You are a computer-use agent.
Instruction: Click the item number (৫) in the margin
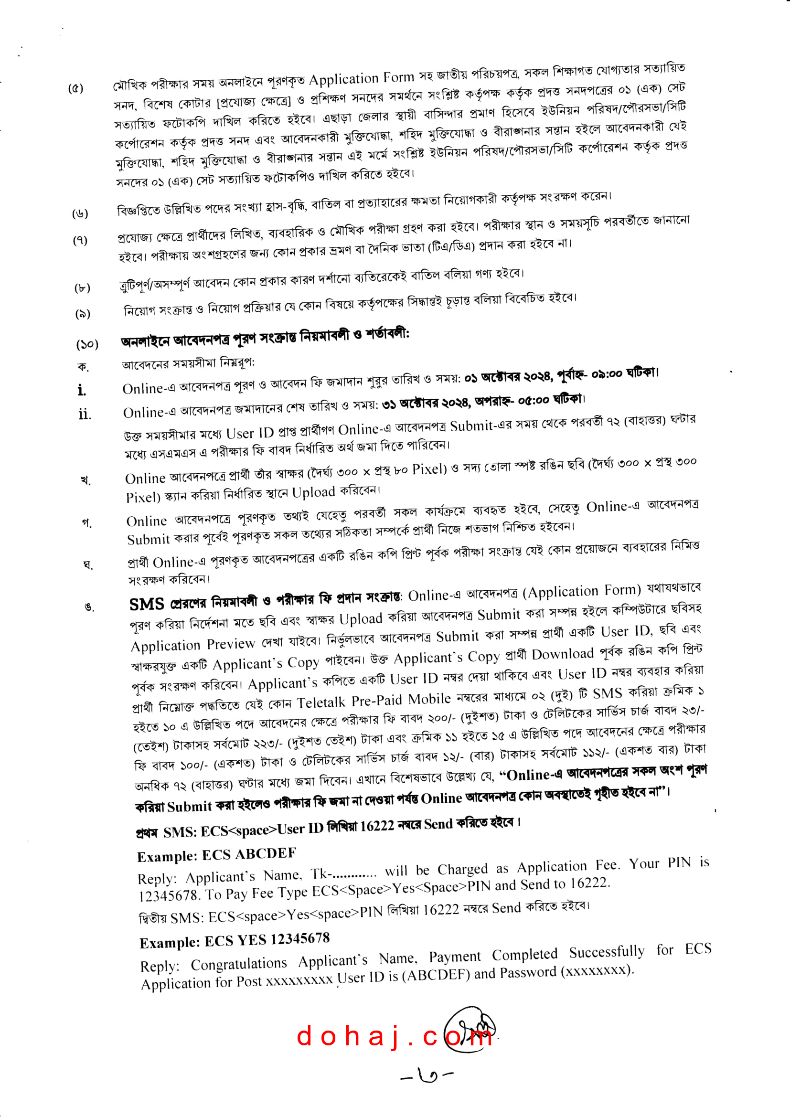point(75,88)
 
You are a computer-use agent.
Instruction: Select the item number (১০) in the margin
point(87,344)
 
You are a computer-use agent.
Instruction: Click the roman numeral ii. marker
point(84,414)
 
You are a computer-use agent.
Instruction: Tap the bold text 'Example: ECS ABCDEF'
point(216,855)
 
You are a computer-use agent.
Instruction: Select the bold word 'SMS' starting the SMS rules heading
point(147,604)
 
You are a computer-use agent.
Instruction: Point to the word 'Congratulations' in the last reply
point(239,964)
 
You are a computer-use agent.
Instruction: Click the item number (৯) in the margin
point(83,314)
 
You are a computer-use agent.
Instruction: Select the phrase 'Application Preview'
point(192,645)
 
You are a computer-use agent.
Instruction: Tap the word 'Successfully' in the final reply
point(607,952)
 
